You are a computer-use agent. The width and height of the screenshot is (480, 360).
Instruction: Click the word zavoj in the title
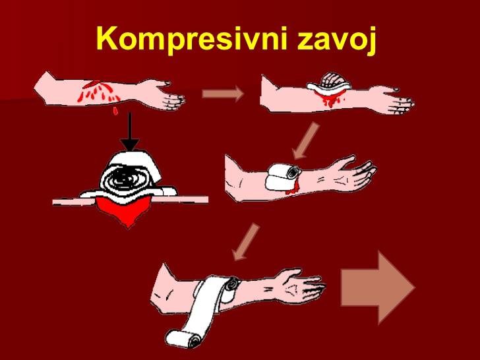pyautogui.click(x=337, y=40)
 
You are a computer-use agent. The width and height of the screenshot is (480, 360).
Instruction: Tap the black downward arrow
pyautogui.click(x=130, y=131)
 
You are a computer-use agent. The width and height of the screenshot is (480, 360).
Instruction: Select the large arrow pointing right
pyautogui.click(x=378, y=287)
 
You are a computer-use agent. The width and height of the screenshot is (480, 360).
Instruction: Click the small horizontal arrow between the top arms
pyautogui.click(x=223, y=93)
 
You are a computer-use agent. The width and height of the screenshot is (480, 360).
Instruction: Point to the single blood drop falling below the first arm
pyautogui.click(x=115, y=111)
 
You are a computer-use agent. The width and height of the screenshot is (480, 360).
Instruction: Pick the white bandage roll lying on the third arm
pyautogui.click(x=283, y=177)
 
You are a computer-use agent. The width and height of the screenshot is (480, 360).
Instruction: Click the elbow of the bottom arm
pyautogui.click(x=162, y=294)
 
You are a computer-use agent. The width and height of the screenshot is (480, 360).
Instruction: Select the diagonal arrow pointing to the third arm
pyautogui.click(x=305, y=140)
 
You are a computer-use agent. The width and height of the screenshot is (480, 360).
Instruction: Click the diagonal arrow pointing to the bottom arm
pyautogui.click(x=245, y=242)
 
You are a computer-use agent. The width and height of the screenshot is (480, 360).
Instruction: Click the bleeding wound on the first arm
pyautogui.click(x=98, y=91)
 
